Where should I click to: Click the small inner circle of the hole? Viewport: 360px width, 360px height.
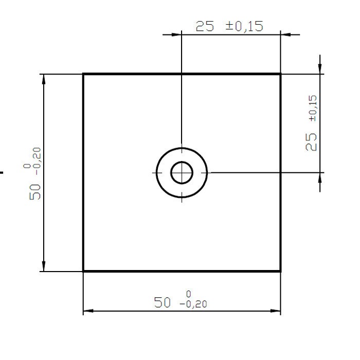(182, 172)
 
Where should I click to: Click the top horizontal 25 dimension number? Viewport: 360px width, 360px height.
(205, 26)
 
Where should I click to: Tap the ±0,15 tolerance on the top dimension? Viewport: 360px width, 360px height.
(245, 26)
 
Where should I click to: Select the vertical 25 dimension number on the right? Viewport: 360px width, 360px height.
(312, 141)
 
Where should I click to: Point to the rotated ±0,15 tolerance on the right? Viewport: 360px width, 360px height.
(313, 109)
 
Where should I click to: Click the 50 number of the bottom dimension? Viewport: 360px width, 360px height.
(162, 302)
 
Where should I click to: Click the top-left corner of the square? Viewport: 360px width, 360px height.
(83, 74)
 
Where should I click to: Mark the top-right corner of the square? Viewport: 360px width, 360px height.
(280, 74)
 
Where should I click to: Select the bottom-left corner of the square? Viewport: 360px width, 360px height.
(83, 271)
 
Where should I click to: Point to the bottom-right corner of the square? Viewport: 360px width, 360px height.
(280, 271)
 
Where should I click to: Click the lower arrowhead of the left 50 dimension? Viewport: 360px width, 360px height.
(44, 266)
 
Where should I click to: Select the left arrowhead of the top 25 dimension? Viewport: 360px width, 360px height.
(176, 34)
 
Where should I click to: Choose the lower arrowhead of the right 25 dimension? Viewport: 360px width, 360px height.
(320, 177)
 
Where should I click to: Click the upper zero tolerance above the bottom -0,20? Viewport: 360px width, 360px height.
(189, 294)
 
